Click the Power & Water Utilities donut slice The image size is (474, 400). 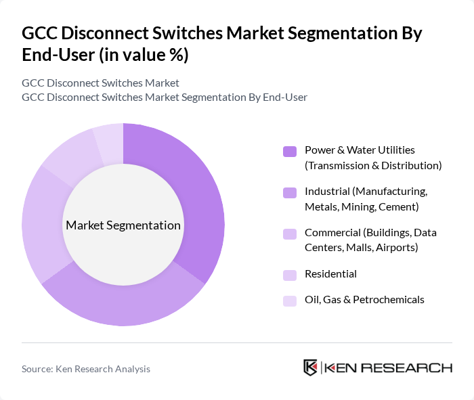point(196,196)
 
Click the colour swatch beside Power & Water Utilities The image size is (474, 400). point(290,151)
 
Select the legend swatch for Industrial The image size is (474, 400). point(290,192)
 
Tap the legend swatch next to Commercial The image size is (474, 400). point(290,234)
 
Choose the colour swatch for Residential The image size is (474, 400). point(290,274)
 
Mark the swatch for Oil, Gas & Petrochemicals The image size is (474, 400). point(290,300)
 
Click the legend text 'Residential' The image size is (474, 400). point(330,274)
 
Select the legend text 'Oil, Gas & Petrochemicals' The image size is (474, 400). point(364,300)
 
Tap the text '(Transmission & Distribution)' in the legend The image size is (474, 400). point(372,165)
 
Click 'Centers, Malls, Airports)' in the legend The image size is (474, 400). point(361,248)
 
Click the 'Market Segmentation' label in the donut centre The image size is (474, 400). point(123,225)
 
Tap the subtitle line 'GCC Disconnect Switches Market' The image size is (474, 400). point(100,83)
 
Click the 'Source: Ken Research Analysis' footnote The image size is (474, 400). point(86,369)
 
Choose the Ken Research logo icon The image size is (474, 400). point(311,368)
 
